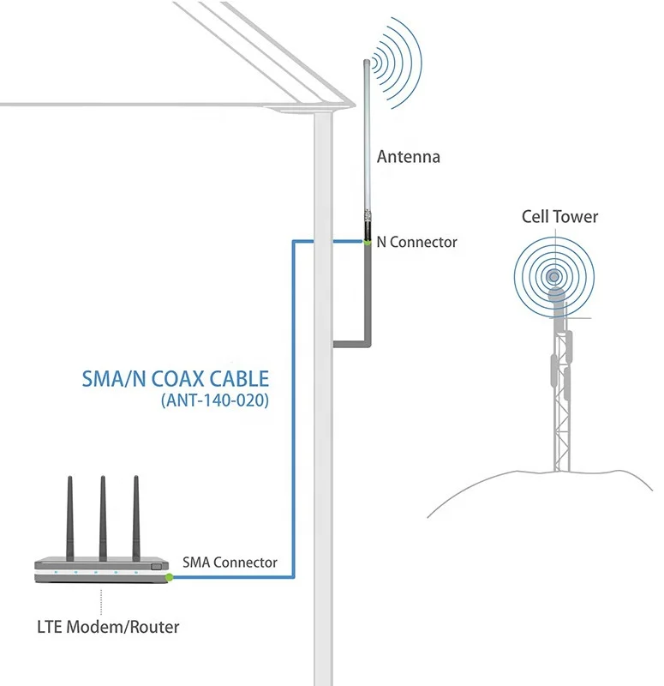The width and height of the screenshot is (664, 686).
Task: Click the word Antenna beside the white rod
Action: click(x=409, y=157)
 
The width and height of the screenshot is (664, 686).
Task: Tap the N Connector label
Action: click(x=417, y=242)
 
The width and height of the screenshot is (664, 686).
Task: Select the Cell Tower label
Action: click(x=560, y=217)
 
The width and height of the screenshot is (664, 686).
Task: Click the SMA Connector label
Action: click(x=230, y=563)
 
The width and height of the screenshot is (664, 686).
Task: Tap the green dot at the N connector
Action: click(x=367, y=243)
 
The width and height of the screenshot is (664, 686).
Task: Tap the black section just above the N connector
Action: click(x=367, y=228)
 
